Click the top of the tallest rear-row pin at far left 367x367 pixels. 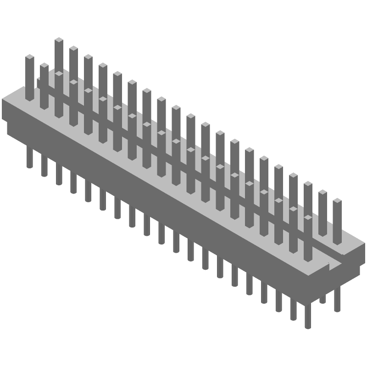[59, 41]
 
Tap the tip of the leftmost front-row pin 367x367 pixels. [29, 57]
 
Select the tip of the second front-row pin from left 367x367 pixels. [44, 66]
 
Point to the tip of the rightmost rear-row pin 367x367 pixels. [337, 201]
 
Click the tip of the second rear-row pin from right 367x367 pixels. [323, 193]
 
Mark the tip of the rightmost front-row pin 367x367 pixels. [308, 217]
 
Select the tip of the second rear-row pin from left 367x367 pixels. [73, 49]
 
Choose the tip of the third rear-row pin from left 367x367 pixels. [88, 57]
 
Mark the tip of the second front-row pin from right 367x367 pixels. [293, 209]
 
